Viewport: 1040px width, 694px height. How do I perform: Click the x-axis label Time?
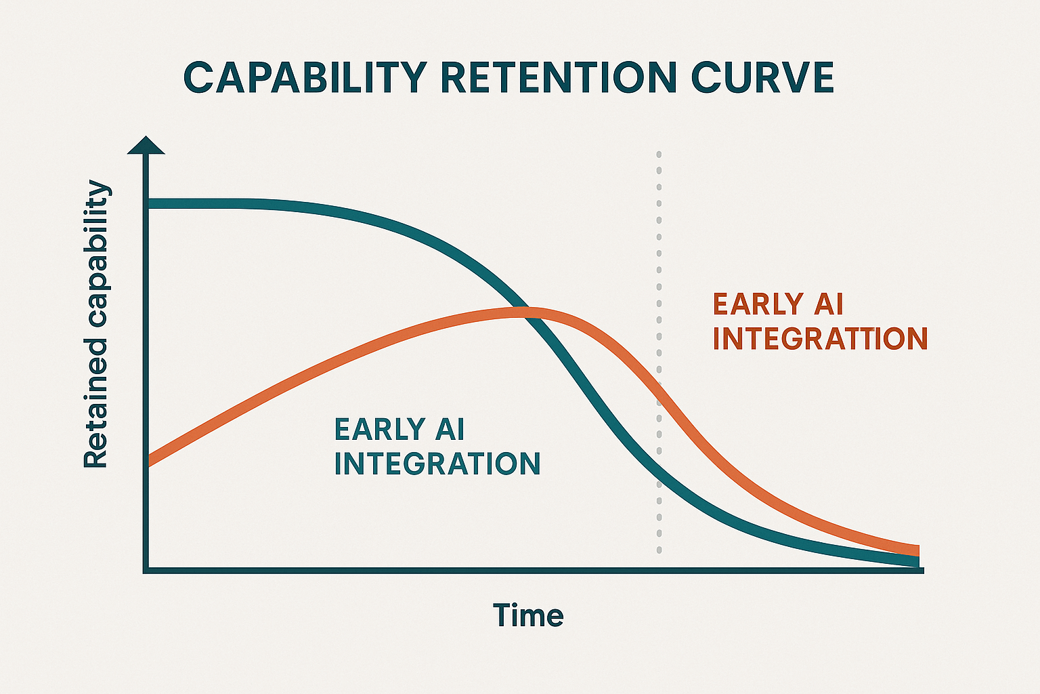click(x=528, y=615)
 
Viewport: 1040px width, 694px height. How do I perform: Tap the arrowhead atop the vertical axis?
click(x=146, y=144)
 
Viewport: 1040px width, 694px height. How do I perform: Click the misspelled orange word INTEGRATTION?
click(x=820, y=339)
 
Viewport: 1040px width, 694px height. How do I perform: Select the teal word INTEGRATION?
click(x=437, y=464)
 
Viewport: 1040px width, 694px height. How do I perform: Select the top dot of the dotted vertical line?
click(x=659, y=155)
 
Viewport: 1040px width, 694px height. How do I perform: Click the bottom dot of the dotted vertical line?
click(x=659, y=550)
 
